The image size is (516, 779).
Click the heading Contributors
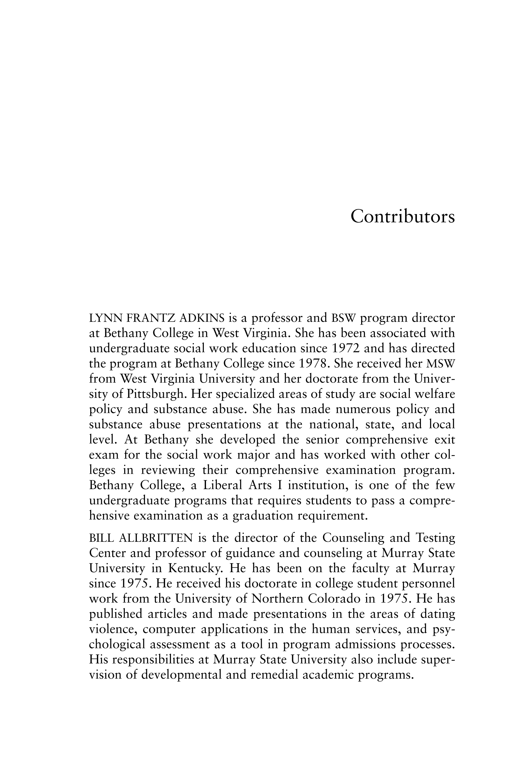click(x=402, y=217)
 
